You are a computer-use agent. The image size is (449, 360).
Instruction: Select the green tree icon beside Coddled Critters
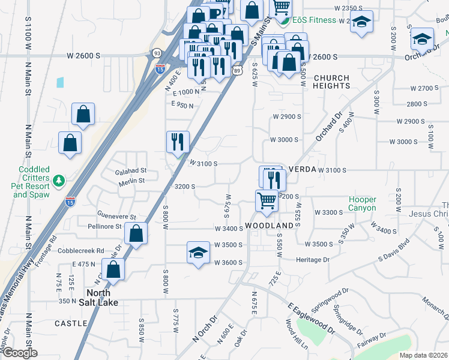point(59,180)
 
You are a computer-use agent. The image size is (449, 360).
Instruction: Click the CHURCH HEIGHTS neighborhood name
point(331,82)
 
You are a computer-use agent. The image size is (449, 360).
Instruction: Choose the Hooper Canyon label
point(363,204)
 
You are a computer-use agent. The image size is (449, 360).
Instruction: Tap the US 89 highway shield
point(238,71)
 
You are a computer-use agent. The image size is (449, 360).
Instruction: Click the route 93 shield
point(156,53)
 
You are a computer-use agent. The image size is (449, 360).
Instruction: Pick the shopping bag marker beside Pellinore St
point(137,235)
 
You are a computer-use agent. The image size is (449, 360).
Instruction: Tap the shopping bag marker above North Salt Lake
point(113,270)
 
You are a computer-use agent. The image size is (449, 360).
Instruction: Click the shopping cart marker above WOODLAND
point(267,200)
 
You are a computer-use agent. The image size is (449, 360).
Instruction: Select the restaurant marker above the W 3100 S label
point(178,142)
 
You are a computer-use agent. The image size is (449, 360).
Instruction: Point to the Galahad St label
point(130,171)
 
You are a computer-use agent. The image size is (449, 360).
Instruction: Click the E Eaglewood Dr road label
point(311,317)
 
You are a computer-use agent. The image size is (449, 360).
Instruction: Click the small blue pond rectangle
point(60,83)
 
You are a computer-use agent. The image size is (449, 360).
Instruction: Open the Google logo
point(19,353)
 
